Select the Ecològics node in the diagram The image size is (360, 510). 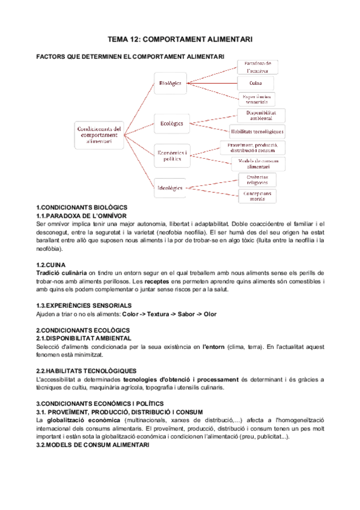point(171,123)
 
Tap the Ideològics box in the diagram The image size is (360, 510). point(171,186)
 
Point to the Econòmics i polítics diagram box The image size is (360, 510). point(171,155)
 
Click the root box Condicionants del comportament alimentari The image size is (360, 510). point(100,135)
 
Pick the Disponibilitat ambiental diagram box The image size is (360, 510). point(257,115)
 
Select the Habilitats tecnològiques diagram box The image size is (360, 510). point(257,132)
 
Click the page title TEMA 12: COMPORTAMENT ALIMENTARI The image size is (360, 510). point(180,39)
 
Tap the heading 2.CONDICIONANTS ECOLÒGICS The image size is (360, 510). point(79,330)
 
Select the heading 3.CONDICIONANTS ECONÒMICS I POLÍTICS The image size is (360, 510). point(99,403)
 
